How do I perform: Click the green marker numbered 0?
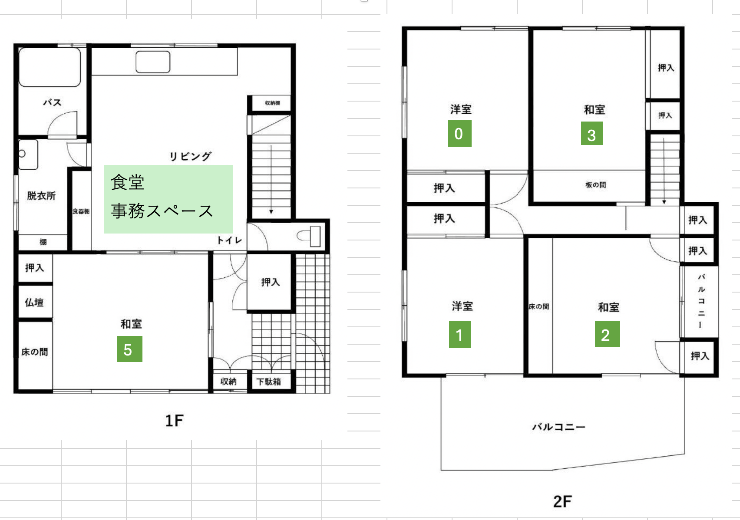click(x=459, y=133)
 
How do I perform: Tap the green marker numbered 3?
click(x=591, y=133)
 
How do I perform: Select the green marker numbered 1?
click(x=459, y=335)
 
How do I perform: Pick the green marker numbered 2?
click(x=607, y=334)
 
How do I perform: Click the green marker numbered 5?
click(x=130, y=349)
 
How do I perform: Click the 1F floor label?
click(x=174, y=421)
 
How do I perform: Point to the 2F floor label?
click(x=562, y=501)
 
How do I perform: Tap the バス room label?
click(x=52, y=102)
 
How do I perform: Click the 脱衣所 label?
click(x=41, y=195)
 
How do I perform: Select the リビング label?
click(x=190, y=156)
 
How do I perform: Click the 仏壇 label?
click(x=34, y=302)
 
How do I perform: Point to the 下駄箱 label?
click(x=268, y=382)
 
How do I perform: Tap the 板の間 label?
click(x=596, y=185)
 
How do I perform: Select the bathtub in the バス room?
click(x=50, y=67)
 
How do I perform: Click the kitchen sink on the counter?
click(x=153, y=62)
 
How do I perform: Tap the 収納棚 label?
click(x=273, y=103)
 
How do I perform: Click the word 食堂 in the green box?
click(x=128, y=182)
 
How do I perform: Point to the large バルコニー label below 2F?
click(x=558, y=427)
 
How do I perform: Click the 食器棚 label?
click(x=81, y=211)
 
